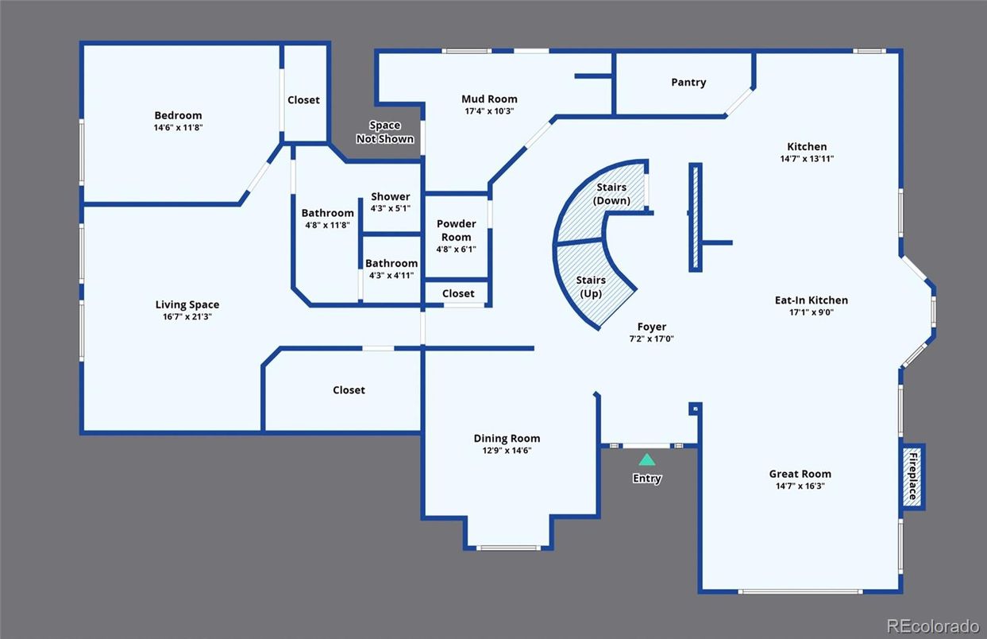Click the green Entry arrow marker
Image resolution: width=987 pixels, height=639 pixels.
tap(647, 459)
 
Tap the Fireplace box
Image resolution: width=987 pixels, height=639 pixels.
tap(913, 476)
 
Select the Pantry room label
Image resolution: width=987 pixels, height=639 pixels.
tap(688, 83)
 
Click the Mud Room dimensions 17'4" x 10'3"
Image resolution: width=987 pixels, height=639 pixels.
tap(489, 111)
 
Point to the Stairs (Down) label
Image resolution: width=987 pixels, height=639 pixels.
tap(611, 194)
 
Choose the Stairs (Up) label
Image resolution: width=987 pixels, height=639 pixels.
tap(591, 287)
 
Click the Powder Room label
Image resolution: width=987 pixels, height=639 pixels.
tap(457, 230)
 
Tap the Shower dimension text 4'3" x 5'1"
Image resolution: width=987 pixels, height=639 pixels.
tap(391, 209)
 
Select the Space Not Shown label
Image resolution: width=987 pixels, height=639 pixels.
tap(385, 132)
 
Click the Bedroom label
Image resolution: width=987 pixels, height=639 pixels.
tap(178, 115)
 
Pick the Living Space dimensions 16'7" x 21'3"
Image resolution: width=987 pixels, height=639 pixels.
tap(187, 316)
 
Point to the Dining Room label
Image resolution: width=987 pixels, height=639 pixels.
tap(507, 439)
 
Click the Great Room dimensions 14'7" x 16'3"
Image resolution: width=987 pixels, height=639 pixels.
tap(800, 486)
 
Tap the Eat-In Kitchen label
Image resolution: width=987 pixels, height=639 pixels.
tap(811, 300)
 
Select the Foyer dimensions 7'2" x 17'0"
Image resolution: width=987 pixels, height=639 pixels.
tap(651, 339)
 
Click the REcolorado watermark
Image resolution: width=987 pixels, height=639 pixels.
tap(932, 625)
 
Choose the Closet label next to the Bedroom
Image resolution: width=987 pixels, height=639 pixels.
tap(303, 100)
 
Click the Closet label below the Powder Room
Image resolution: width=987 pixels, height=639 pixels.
tap(458, 293)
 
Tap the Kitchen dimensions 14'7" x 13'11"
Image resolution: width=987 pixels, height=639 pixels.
tap(807, 159)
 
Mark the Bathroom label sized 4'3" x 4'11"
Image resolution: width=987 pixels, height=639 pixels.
tap(391, 264)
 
